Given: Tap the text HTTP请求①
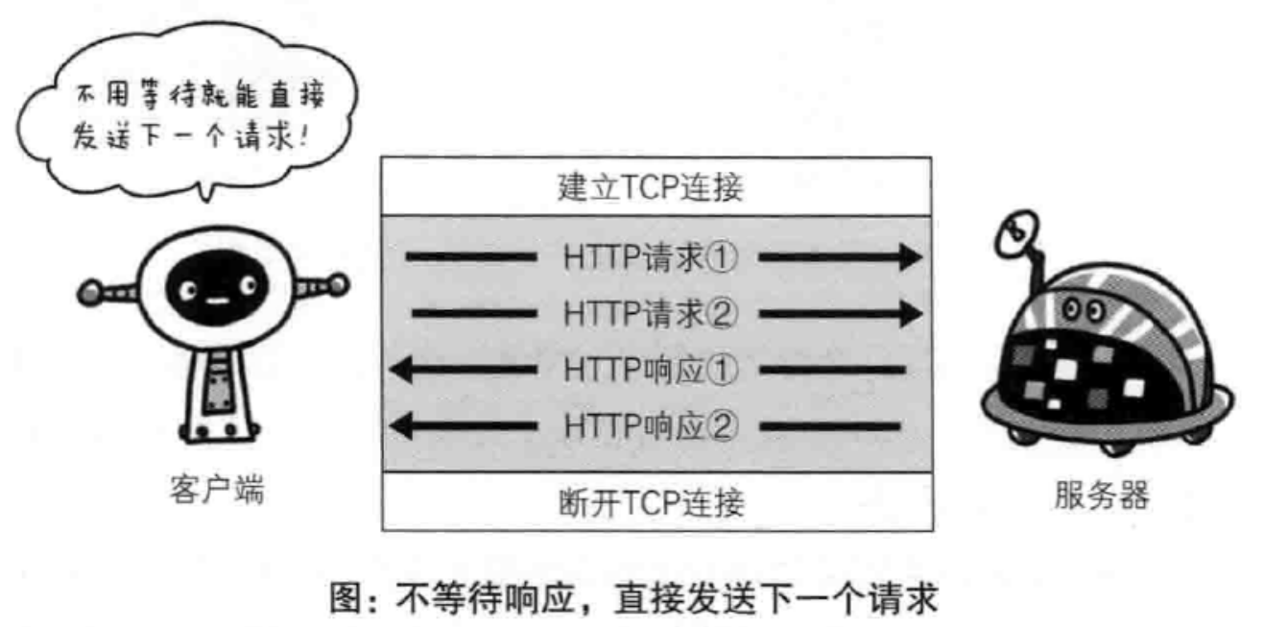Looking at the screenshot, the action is point(650,257).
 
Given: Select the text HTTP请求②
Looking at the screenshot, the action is point(650,313).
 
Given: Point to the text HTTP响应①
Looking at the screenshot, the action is point(650,370).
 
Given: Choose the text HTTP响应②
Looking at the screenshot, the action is point(650,424).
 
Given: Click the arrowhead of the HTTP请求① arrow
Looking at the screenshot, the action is point(909,257).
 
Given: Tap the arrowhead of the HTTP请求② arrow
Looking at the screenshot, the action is point(909,313).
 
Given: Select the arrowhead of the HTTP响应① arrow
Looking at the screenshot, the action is point(401,370).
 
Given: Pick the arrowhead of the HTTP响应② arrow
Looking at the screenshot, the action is point(401,424).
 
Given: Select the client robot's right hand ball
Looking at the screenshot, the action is point(339,283).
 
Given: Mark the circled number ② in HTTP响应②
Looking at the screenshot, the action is point(723,424).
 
